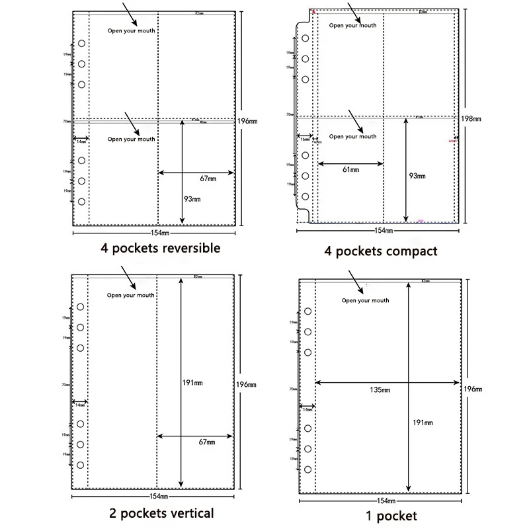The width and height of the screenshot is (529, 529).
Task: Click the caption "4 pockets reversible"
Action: click(x=161, y=249)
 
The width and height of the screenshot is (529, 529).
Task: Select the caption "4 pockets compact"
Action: click(x=381, y=251)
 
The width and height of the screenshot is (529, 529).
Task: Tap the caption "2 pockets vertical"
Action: click(x=161, y=512)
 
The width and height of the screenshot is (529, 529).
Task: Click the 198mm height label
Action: click(x=473, y=119)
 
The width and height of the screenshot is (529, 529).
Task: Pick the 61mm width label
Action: click(x=350, y=170)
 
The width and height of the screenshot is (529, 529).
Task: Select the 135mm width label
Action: click(x=382, y=389)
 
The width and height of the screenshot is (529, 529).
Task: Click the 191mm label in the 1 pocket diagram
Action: click(x=423, y=423)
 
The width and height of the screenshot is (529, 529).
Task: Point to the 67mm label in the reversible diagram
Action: click(x=208, y=179)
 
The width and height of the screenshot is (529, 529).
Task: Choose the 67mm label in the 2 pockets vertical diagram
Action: click(x=207, y=442)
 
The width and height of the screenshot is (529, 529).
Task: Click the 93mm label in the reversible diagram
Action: click(x=192, y=199)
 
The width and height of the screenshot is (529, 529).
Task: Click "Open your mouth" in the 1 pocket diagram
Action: click(x=366, y=301)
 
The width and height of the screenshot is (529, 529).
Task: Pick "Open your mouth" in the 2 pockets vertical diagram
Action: click(x=131, y=296)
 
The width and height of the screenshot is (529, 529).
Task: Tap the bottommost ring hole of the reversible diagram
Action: click(x=81, y=201)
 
